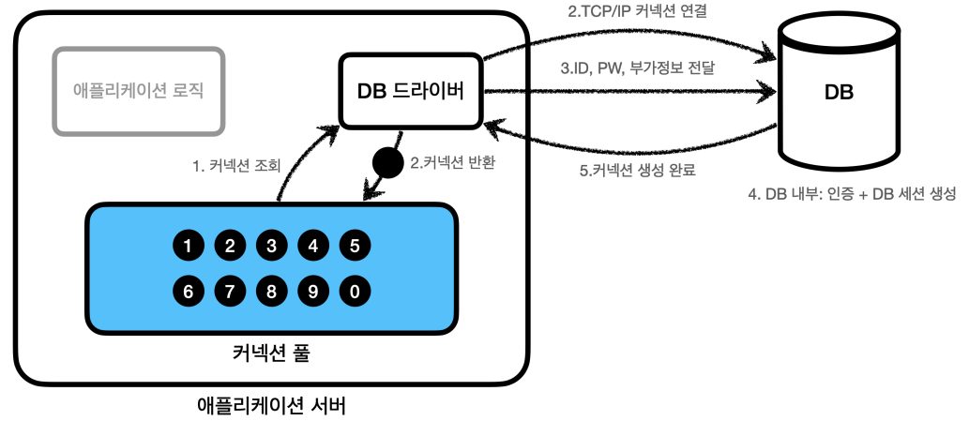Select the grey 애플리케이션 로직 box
138,90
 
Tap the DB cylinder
837,95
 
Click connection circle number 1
189,247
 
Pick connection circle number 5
354,247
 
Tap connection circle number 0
354,291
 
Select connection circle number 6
189,291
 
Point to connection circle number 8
271,291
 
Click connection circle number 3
271,247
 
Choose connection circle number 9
312,291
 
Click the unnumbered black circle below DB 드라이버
386,162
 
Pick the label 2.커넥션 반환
453,161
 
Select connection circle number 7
230,291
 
